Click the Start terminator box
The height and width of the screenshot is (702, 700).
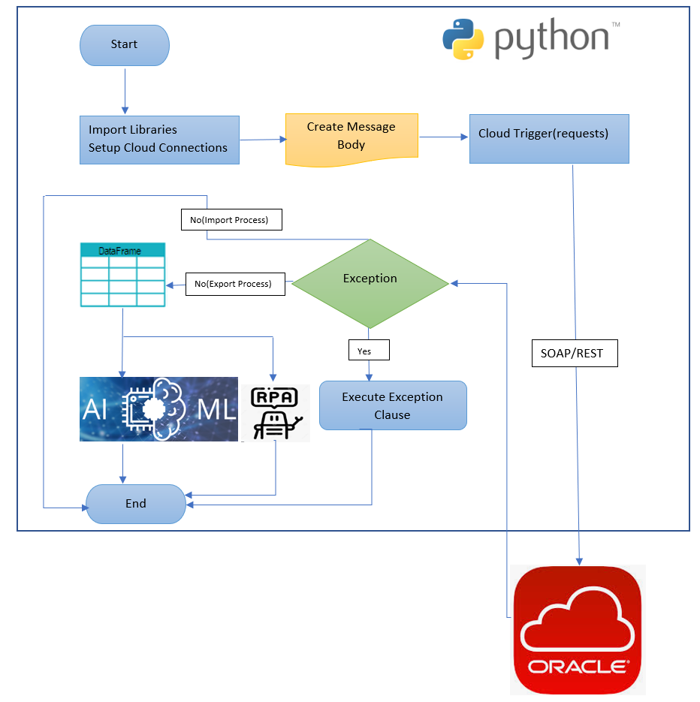click(125, 45)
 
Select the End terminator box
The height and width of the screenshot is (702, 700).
click(136, 504)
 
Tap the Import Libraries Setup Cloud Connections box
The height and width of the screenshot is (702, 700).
click(159, 140)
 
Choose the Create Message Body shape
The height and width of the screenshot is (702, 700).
click(352, 137)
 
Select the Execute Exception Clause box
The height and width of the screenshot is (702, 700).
click(393, 405)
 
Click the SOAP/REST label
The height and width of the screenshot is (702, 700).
click(575, 353)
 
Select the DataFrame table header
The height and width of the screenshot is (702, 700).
click(122, 251)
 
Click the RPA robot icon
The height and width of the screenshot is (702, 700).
click(276, 412)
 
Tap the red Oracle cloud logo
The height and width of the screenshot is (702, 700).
click(578, 629)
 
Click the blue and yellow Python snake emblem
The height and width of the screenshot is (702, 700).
click(464, 39)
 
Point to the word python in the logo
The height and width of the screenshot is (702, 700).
click(552, 41)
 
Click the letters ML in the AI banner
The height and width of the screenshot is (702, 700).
click(218, 409)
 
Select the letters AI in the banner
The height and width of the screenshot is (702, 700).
click(95, 409)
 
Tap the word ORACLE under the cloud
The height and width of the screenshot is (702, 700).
click(578, 666)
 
